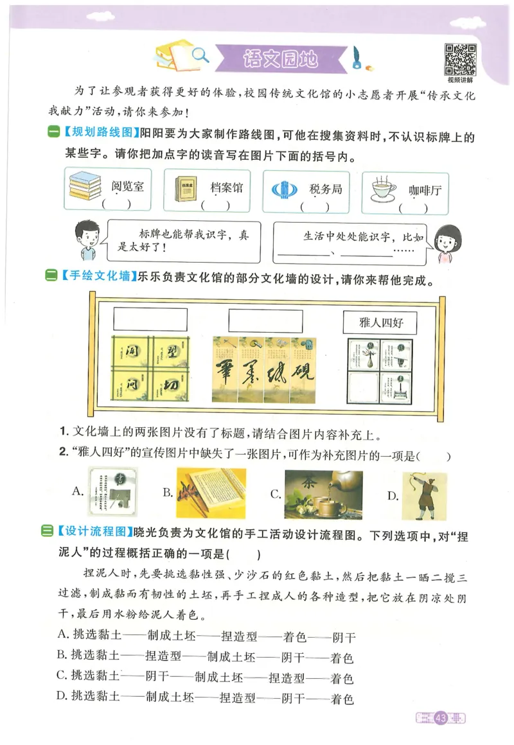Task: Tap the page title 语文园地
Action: coord(281,59)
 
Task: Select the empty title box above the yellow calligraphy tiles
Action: coord(150,319)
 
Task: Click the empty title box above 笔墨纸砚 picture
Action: coord(265,319)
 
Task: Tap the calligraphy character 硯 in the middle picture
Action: coord(302,374)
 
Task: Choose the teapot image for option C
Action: coord(323,494)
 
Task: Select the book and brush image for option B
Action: coord(211,493)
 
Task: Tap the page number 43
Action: coord(441,717)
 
